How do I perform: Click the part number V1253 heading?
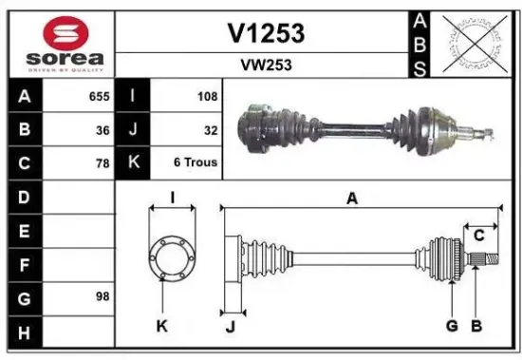point(266,33)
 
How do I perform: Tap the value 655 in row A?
point(99,97)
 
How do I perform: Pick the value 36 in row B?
point(103,129)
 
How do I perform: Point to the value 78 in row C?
point(103,162)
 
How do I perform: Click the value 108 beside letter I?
point(207,97)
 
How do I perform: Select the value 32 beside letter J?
point(211,129)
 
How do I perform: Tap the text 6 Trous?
point(196,162)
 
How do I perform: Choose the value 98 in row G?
point(103,296)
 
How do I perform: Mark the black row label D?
point(24,197)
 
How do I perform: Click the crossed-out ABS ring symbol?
point(478,44)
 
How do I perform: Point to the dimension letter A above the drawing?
point(352,199)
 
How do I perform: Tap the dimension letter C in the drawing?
point(479,233)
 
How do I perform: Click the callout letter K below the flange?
point(161,326)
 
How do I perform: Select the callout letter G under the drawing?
point(452,326)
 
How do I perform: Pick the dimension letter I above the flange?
point(173,198)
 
